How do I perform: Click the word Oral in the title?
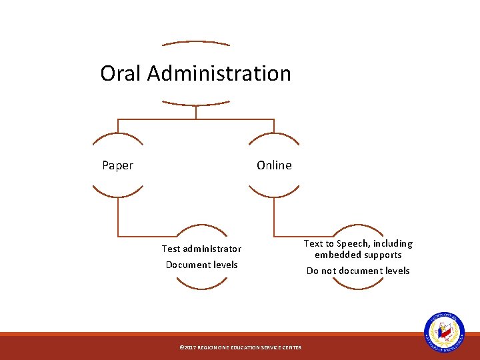pyautogui.click(x=121, y=73)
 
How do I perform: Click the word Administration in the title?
pyautogui.click(x=219, y=73)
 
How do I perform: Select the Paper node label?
pyautogui.click(x=117, y=165)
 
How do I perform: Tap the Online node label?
pyautogui.click(x=274, y=165)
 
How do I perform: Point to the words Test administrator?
pyautogui.click(x=201, y=249)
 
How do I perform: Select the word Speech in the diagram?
pyautogui.click(x=354, y=244)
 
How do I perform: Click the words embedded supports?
pyautogui.click(x=358, y=255)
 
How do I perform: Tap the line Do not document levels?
pyautogui.click(x=358, y=271)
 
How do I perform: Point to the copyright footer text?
pyautogui.click(x=241, y=347)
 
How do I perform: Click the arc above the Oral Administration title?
pyautogui.click(x=196, y=43)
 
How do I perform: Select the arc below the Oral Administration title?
pyautogui.click(x=196, y=104)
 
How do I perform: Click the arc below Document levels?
pyautogui.click(x=201, y=285)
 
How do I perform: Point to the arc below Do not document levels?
pyautogui.click(x=358, y=285)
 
